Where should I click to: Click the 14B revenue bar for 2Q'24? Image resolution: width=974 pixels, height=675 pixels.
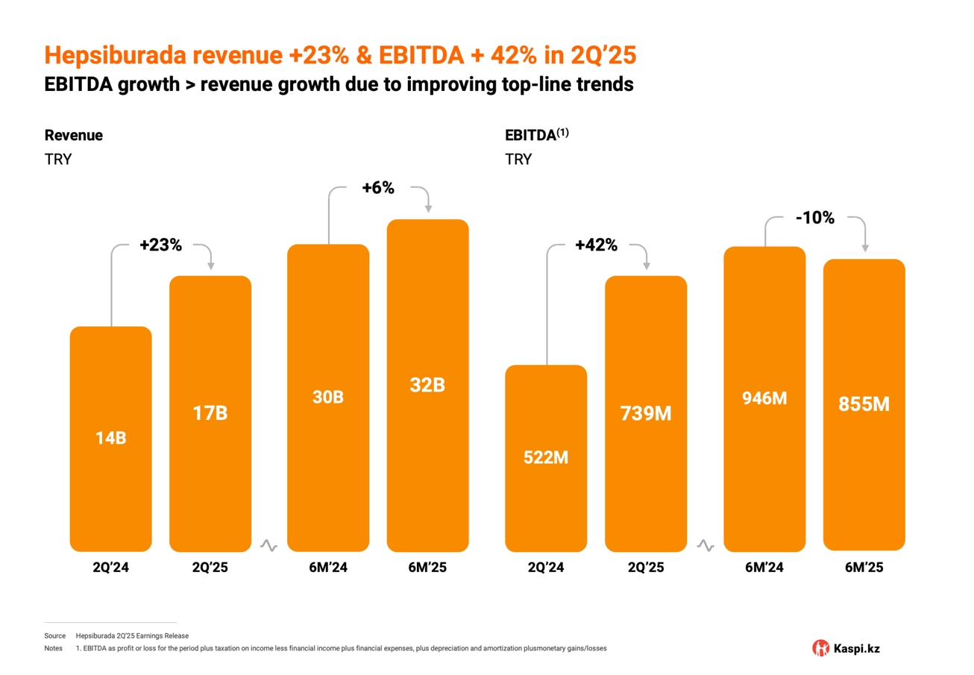(x=110, y=439)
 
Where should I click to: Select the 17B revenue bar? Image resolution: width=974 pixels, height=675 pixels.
(x=210, y=413)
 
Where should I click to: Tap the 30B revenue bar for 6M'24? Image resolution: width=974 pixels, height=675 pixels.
(x=328, y=398)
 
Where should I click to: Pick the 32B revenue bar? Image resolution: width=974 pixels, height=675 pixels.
(x=427, y=386)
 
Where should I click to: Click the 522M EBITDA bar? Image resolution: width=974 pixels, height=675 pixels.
(x=546, y=458)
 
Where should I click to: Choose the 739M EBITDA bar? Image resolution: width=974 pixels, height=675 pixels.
(x=645, y=413)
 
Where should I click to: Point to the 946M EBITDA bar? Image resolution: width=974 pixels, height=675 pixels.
(x=764, y=398)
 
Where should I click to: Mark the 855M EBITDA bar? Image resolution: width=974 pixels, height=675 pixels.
(x=864, y=404)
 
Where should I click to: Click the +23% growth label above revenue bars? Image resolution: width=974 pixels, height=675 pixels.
(x=160, y=245)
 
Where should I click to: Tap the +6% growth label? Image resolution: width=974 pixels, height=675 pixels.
(x=377, y=188)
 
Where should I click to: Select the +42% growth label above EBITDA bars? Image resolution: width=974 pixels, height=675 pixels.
(x=596, y=245)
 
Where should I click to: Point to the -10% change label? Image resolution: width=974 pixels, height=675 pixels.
(x=814, y=219)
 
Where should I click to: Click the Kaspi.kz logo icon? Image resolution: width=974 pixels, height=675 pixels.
(x=820, y=648)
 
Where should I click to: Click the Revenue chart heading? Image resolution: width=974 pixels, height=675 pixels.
(x=74, y=135)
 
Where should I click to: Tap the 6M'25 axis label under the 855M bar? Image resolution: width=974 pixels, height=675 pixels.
(x=864, y=568)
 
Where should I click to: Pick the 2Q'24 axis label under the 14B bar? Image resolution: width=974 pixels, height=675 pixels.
(x=110, y=568)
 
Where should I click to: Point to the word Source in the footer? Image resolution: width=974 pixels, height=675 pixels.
(x=55, y=635)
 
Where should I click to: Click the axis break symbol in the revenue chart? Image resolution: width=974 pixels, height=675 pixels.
(x=268, y=547)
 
